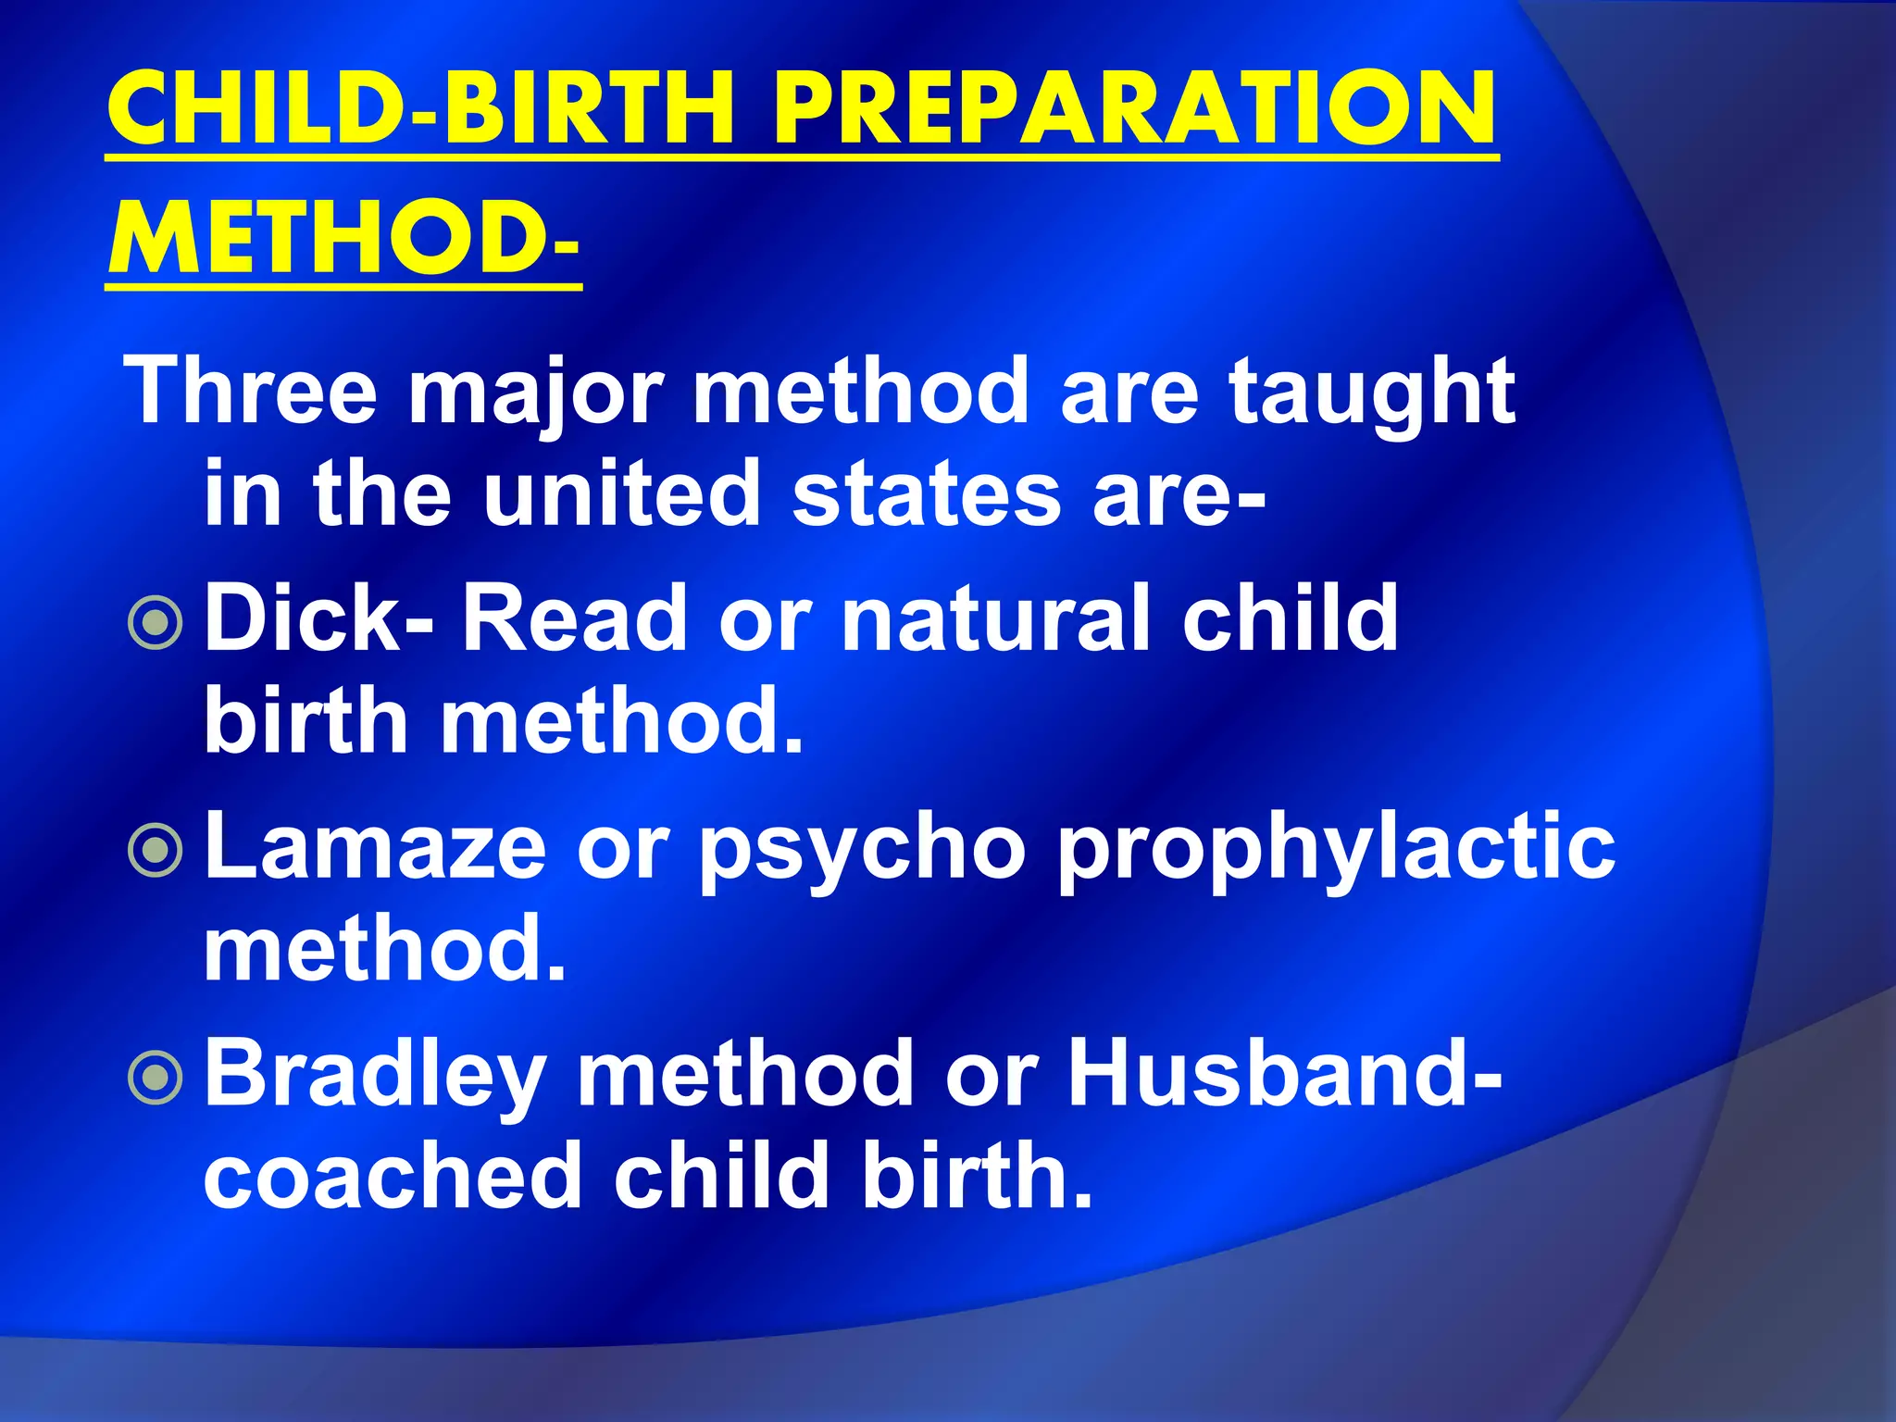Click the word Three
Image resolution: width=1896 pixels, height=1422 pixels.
251,392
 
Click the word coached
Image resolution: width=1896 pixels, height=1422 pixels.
393,1176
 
